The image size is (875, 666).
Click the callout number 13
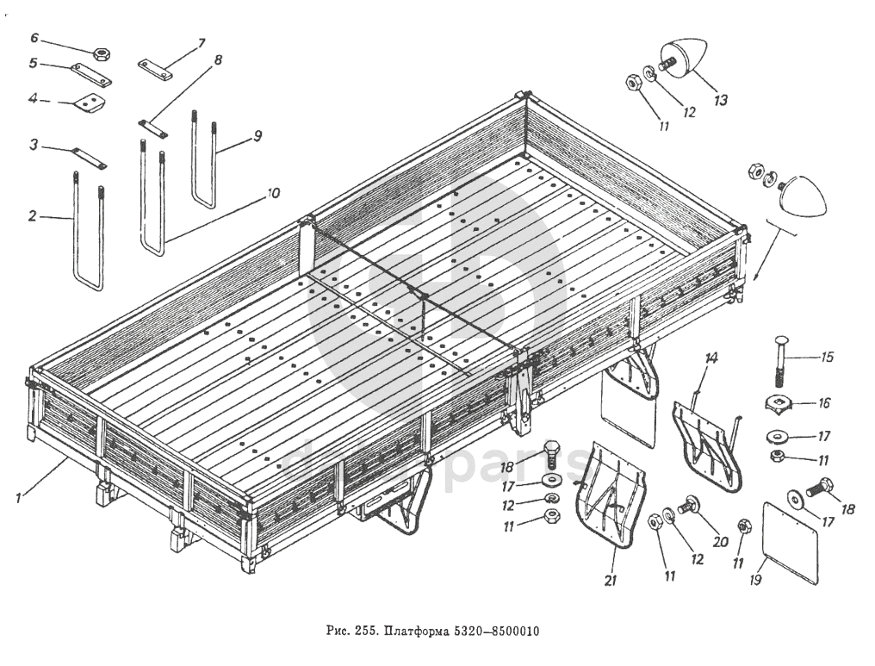tap(720, 101)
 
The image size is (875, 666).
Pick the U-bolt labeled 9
tap(203, 164)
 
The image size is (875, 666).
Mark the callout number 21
tap(611, 581)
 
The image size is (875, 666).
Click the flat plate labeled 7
tap(156, 69)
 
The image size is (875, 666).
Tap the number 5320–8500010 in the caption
tap(500, 630)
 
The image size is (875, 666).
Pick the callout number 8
tap(218, 60)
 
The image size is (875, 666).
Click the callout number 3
tap(33, 147)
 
